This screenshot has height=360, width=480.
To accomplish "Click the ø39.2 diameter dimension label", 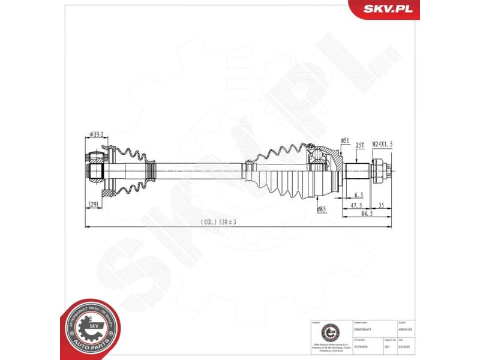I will click(96, 134).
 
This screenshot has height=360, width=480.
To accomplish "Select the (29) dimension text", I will click(93, 205).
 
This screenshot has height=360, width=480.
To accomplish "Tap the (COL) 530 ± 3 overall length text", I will click(219, 222).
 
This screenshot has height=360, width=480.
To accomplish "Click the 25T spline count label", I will click(360, 145).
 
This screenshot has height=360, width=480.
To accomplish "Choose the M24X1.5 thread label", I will click(382, 145).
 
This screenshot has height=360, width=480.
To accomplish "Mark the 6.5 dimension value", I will click(359, 196).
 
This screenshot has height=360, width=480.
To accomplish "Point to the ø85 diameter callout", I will click(322, 209).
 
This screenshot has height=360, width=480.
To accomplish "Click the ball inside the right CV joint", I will click(316, 155).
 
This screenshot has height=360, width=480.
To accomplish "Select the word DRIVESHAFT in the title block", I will click(364, 330).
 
